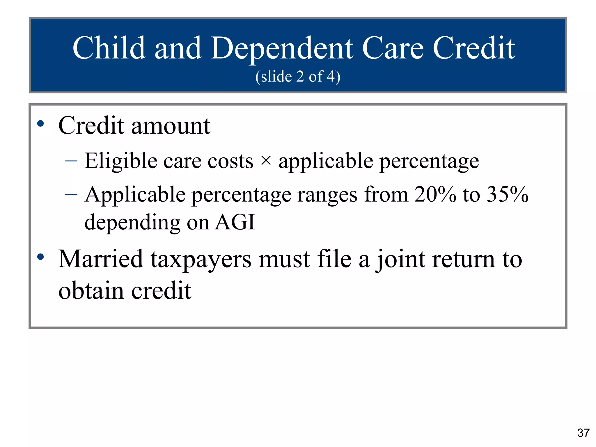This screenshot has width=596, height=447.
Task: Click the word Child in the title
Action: (x=109, y=48)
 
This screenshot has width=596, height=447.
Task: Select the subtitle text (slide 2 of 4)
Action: (x=298, y=77)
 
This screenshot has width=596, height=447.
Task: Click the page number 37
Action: (x=583, y=433)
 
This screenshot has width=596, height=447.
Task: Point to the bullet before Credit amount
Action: (x=40, y=124)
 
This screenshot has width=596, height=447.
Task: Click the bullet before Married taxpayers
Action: (x=40, y=257)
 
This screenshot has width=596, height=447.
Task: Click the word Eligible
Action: (x=121, y=161)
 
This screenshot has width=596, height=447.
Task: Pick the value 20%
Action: (x=435, y=194)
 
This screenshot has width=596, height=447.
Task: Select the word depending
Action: (x=132, y=223)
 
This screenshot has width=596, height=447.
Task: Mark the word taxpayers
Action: (x=201, y=260)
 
